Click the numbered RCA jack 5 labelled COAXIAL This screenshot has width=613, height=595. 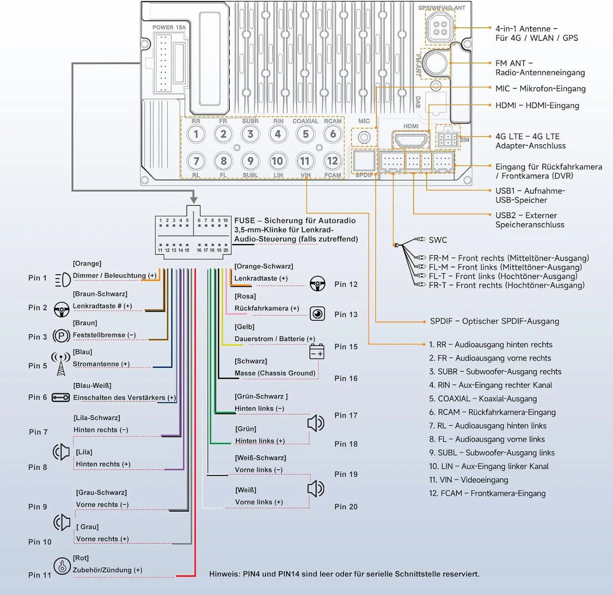click(x=305, y=134)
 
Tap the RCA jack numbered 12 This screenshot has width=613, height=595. click(x=332, y=161)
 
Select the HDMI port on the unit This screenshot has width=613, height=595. click(x=411, y=139)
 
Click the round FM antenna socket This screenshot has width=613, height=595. click(x=435, y=62)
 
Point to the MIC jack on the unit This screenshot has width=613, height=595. click(x=364, y=137)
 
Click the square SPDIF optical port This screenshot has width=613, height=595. click(x=364, y=161)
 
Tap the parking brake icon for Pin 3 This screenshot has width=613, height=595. click(x=61, y=336)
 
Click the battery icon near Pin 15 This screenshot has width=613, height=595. click(x=317, y=352)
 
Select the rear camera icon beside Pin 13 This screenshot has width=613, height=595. click(x=317, y=314)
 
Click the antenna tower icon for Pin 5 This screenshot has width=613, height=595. click(x=61, y=364)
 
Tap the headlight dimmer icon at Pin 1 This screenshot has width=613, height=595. click(x=63, y=279)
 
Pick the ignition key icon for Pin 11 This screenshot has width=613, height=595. click(x=62, y=566)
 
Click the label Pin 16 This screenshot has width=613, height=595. click(x=346, y=378)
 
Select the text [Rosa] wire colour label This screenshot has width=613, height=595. click(x=245, y=296)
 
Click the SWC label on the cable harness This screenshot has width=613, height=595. click(x=438, y=240)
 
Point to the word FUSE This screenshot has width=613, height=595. click(x=245, y=221)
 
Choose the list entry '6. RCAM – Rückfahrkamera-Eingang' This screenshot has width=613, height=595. click(x=492, y=412)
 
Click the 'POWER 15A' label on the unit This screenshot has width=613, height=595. click(x=169, y=27)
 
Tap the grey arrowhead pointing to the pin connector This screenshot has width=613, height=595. click(x=194, y=200)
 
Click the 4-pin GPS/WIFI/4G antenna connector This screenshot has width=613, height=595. click(x=440, y=28)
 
